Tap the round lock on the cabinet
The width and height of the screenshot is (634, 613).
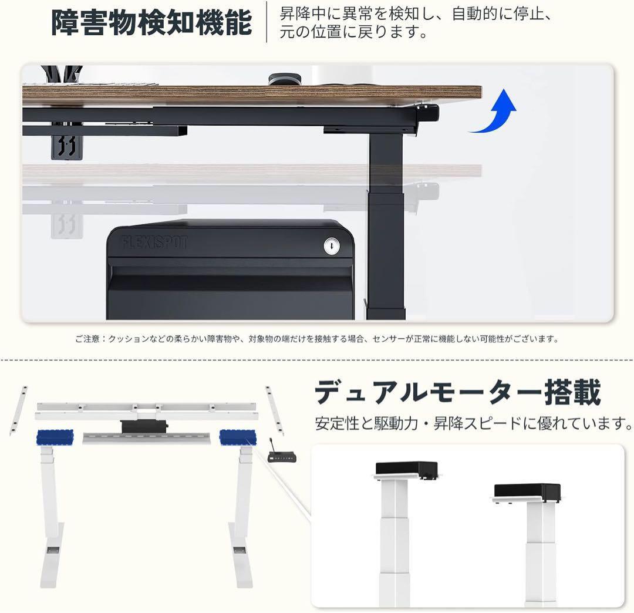click(x=332, y=247)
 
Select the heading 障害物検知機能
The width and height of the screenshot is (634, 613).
click(x=151, y=22)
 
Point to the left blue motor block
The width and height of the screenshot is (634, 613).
click(x=55, y=437)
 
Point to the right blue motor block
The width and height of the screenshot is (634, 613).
click(x=238, y=437)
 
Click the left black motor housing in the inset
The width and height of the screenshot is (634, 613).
click(x=407, y=468)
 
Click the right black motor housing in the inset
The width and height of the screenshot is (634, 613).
click(x=527, y=491)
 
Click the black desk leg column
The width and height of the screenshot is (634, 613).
click(x=385, y=223)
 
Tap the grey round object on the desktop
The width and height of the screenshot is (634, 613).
click(x=284, y=79)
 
